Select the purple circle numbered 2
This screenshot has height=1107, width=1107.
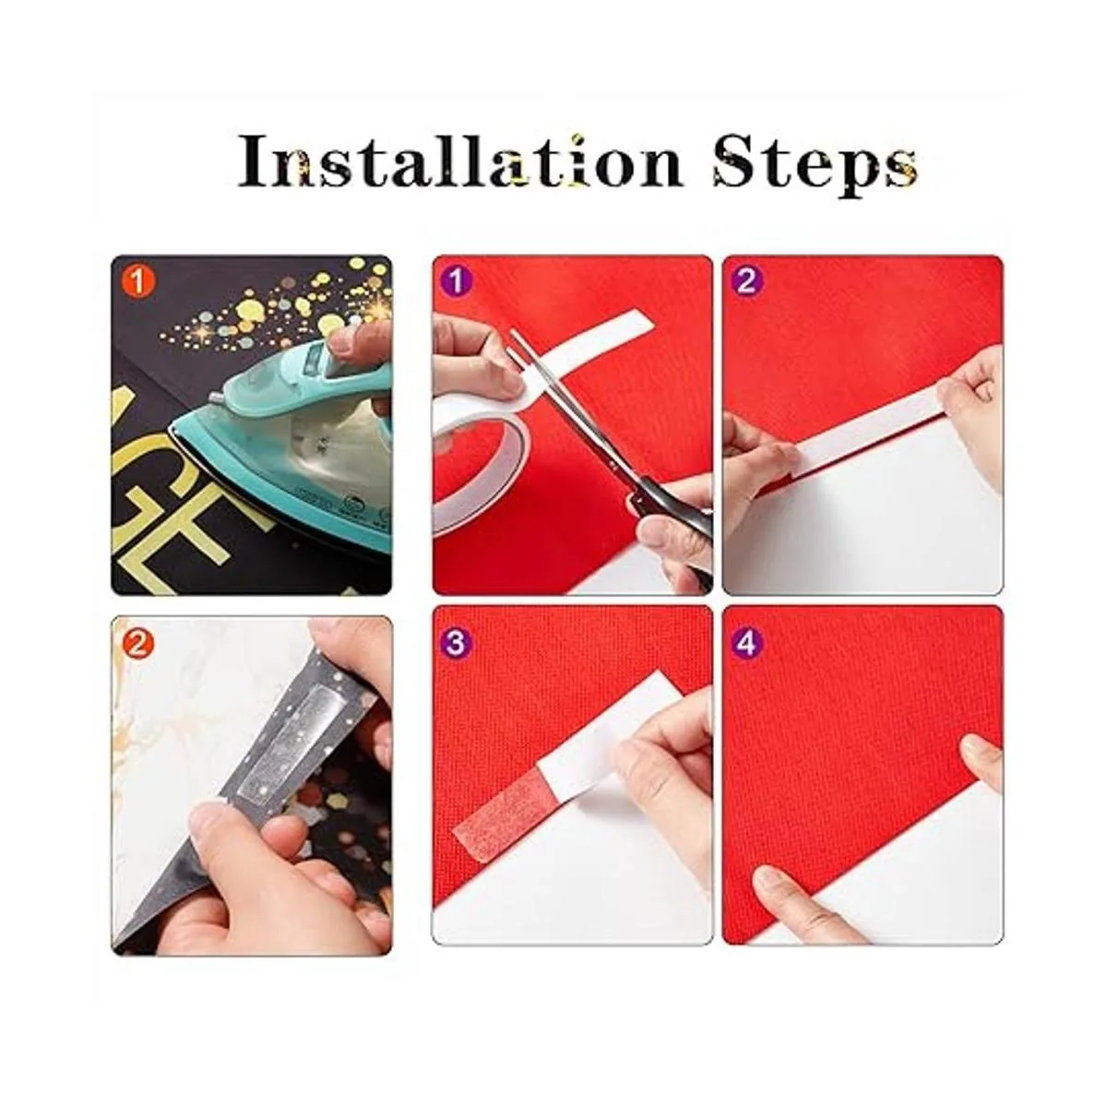pos(746,282)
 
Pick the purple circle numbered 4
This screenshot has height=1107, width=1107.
pos(746,643)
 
